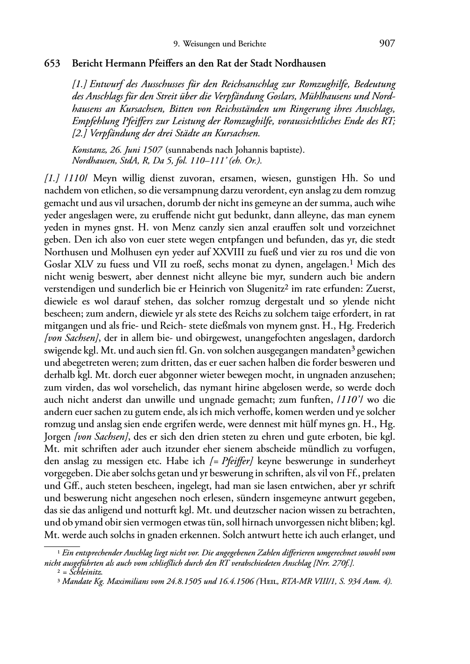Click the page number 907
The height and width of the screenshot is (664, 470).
tap(387, 44)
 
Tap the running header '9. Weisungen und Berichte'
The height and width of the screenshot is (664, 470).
tap(220, 44)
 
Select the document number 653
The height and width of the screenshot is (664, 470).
tap(51, 63)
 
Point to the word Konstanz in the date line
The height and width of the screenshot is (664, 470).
tap(88, 150)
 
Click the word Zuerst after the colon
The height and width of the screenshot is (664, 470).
tap(381, 289)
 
